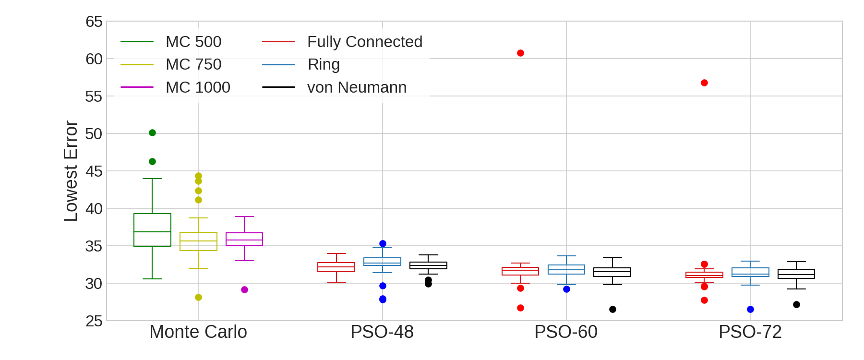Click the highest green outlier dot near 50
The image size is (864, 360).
pos(152,132)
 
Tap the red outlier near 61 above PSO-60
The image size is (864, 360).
pos(520,53)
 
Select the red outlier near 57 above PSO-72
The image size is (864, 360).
pos(704,83)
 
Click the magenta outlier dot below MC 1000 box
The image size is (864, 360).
pos(244,289)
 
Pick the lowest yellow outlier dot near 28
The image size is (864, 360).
pos(198,297)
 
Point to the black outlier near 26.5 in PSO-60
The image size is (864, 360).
pos(612,309)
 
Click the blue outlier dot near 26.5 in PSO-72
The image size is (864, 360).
pos(750,309)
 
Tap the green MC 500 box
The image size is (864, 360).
pos(152,229)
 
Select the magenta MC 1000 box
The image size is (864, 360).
pos(244,239)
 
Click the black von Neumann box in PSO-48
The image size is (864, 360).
pos(428,265)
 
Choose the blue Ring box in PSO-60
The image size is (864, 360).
pos(566,269)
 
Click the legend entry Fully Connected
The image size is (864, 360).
pos(364,42)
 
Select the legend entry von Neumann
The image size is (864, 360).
pos(357,87)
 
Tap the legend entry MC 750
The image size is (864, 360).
pos(193,64)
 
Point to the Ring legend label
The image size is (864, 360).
pos(324,64)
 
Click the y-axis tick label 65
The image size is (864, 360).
pos(94,22)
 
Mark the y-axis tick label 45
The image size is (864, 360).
pos(94,171)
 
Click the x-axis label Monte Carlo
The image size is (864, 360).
pos(198,332)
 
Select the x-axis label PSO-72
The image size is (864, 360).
pos(750,332)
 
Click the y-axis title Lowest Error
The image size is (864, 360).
pos(71,171)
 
